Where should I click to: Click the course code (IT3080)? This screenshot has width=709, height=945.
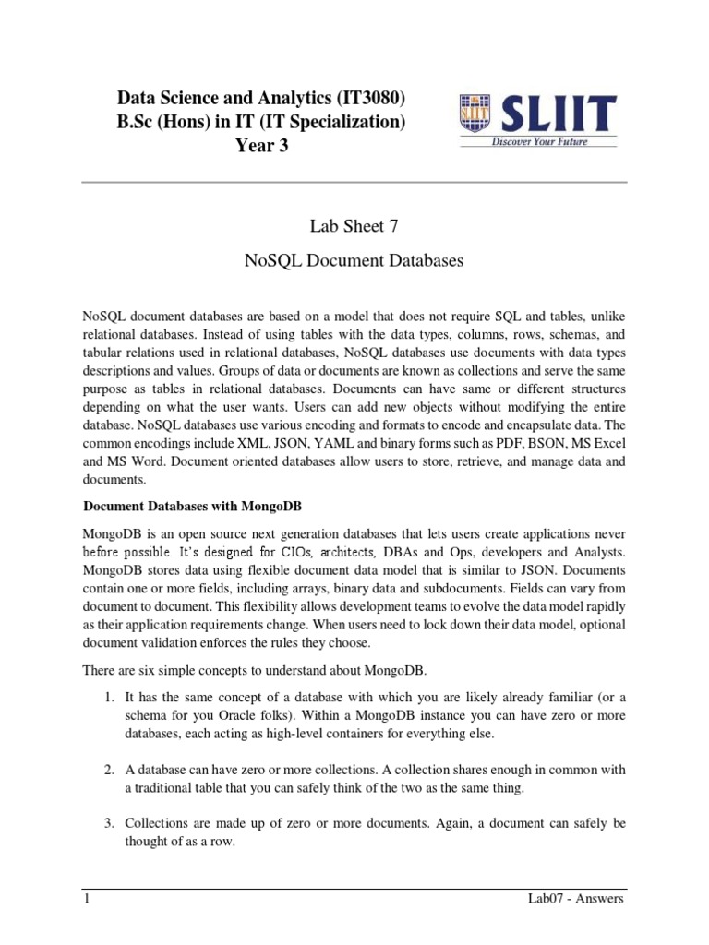365,98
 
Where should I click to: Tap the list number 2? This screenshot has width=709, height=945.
108,770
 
